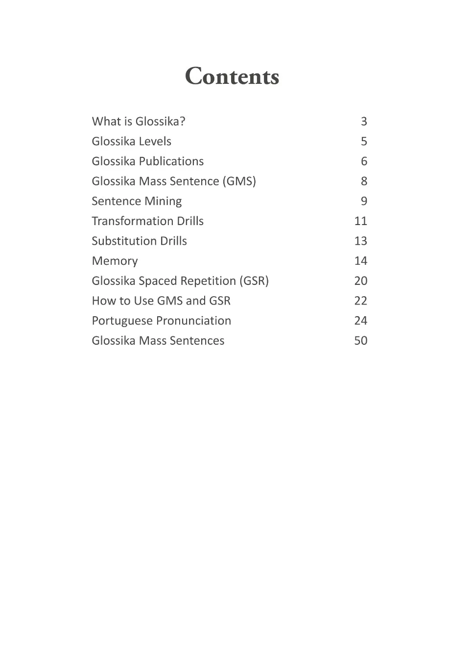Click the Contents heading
(232, 76)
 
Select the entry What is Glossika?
(139, 122)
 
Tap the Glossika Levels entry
(131, 142)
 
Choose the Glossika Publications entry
(147, 161)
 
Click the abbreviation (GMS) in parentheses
(239, 181)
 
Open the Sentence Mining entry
(137, 202)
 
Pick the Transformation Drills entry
(147, 221)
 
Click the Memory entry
(115, 261)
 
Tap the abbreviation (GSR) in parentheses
(254, 281)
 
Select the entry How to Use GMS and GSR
(161, 301)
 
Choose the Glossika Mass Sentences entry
(158, 341)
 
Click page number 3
(364, 122)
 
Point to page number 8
(364, 181)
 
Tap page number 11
(361, 221)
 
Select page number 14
(361, 261)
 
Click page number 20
(361, 281)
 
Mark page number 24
(361, 321)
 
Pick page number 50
(361, 341)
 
